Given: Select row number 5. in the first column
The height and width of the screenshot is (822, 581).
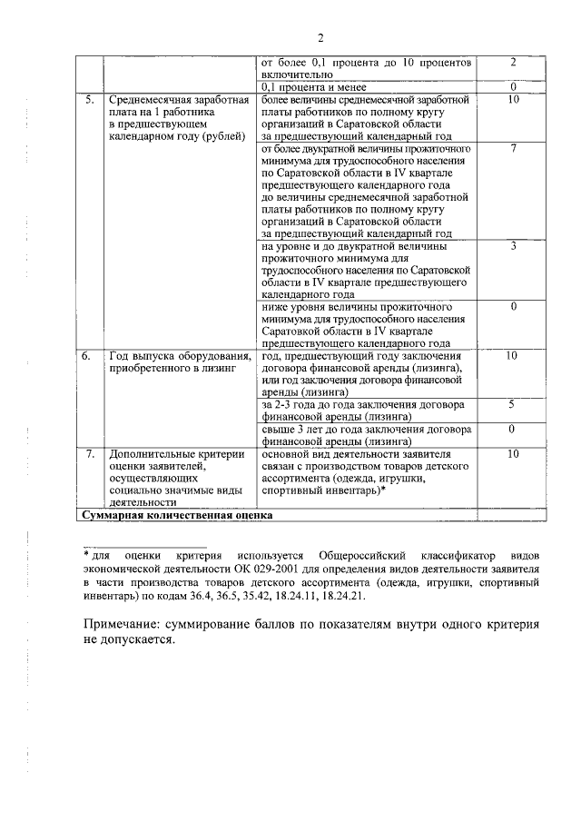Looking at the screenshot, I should coord(88,99).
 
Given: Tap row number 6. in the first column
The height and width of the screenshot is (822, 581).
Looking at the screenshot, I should coord(88,355).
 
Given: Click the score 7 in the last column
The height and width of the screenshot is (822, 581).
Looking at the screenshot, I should coord(513,148).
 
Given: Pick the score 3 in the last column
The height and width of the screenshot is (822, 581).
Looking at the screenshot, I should coord(513,245).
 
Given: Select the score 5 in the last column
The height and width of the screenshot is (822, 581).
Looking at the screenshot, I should coord(513,403).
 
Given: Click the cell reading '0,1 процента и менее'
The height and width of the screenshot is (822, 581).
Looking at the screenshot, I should coord(307,86).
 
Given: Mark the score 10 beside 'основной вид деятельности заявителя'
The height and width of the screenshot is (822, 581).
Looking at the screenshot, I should coord(513,452).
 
